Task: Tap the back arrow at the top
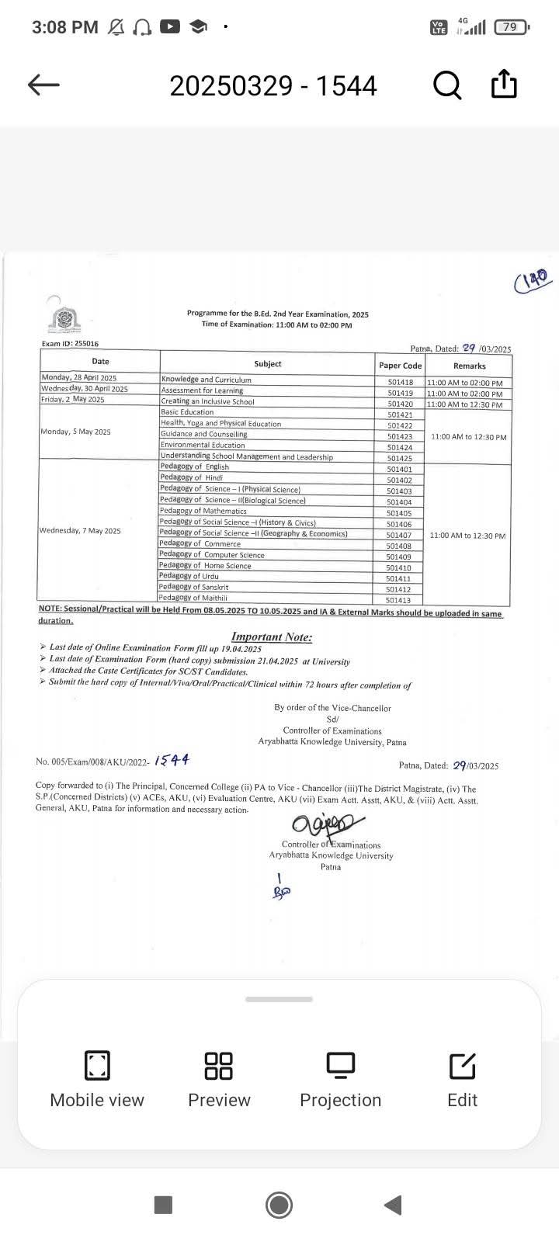[x=43, y=85]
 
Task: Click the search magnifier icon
[x=446, y=85]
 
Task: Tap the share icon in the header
[x=504, y=84]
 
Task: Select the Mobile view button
[x=97, y=1078]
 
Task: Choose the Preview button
[x=219, y=1078]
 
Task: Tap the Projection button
[x=340, y=1078]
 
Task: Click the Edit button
[x=463, y=1078]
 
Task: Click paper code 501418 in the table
[x=400, y=382]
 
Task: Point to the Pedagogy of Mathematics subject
[x=203, y=511]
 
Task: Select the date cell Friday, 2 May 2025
[x=73, y=400]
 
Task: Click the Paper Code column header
[x=400, y=365]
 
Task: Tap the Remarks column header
[x=469, y=366]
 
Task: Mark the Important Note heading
[x=272, y=637]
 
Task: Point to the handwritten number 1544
[x=172, y=760]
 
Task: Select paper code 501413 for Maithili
[x=398, y=600]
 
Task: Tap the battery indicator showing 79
[x=512, y=27]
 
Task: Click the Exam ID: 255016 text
[x=70, y=343]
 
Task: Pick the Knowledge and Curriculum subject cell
[x=207, y=380]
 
